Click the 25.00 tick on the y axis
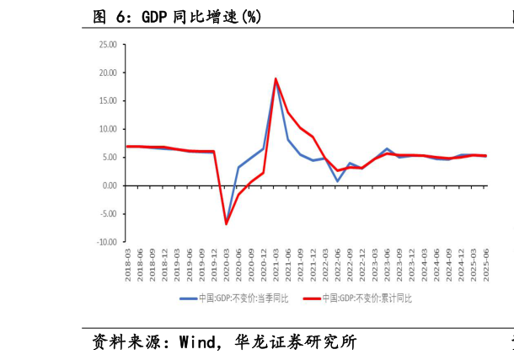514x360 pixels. pyautogui.click(x=108, y=45)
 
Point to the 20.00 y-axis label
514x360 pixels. pyautogui.click(x=108, y=73)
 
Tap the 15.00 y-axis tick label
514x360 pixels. pyautogui.click(x=108, y=101)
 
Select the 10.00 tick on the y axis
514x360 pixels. pyautogui.click(x=108, y=129)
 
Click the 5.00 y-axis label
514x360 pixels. pyautogui.click(x=110, y=158)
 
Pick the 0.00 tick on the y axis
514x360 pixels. pyautogui.click(x=110, y=185)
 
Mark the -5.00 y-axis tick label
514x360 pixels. pyautogui.click(x=109, y=213)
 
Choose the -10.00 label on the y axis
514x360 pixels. pyautogui.click(x=107, y=242)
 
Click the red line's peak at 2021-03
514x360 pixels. pyautogui.click(x=276, y=78)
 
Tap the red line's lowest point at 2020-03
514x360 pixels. pyautogui.click(x=226, y=223)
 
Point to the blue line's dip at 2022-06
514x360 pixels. pyautogui.click(x=338, y=181)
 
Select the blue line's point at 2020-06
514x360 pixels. pyautogui.click(x=238, y=168)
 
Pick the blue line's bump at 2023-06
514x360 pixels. pyautogui.click(x=388, y=149)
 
